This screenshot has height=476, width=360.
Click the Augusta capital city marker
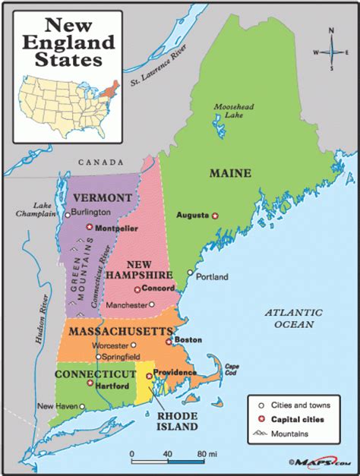(x=215, y=215)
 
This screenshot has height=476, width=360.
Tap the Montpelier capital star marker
(x=90, y=226)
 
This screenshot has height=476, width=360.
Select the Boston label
(x=188, y=340)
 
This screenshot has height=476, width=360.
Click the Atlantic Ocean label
(x=295, y=318)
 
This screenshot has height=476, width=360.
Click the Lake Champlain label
(x=39, y=210)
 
